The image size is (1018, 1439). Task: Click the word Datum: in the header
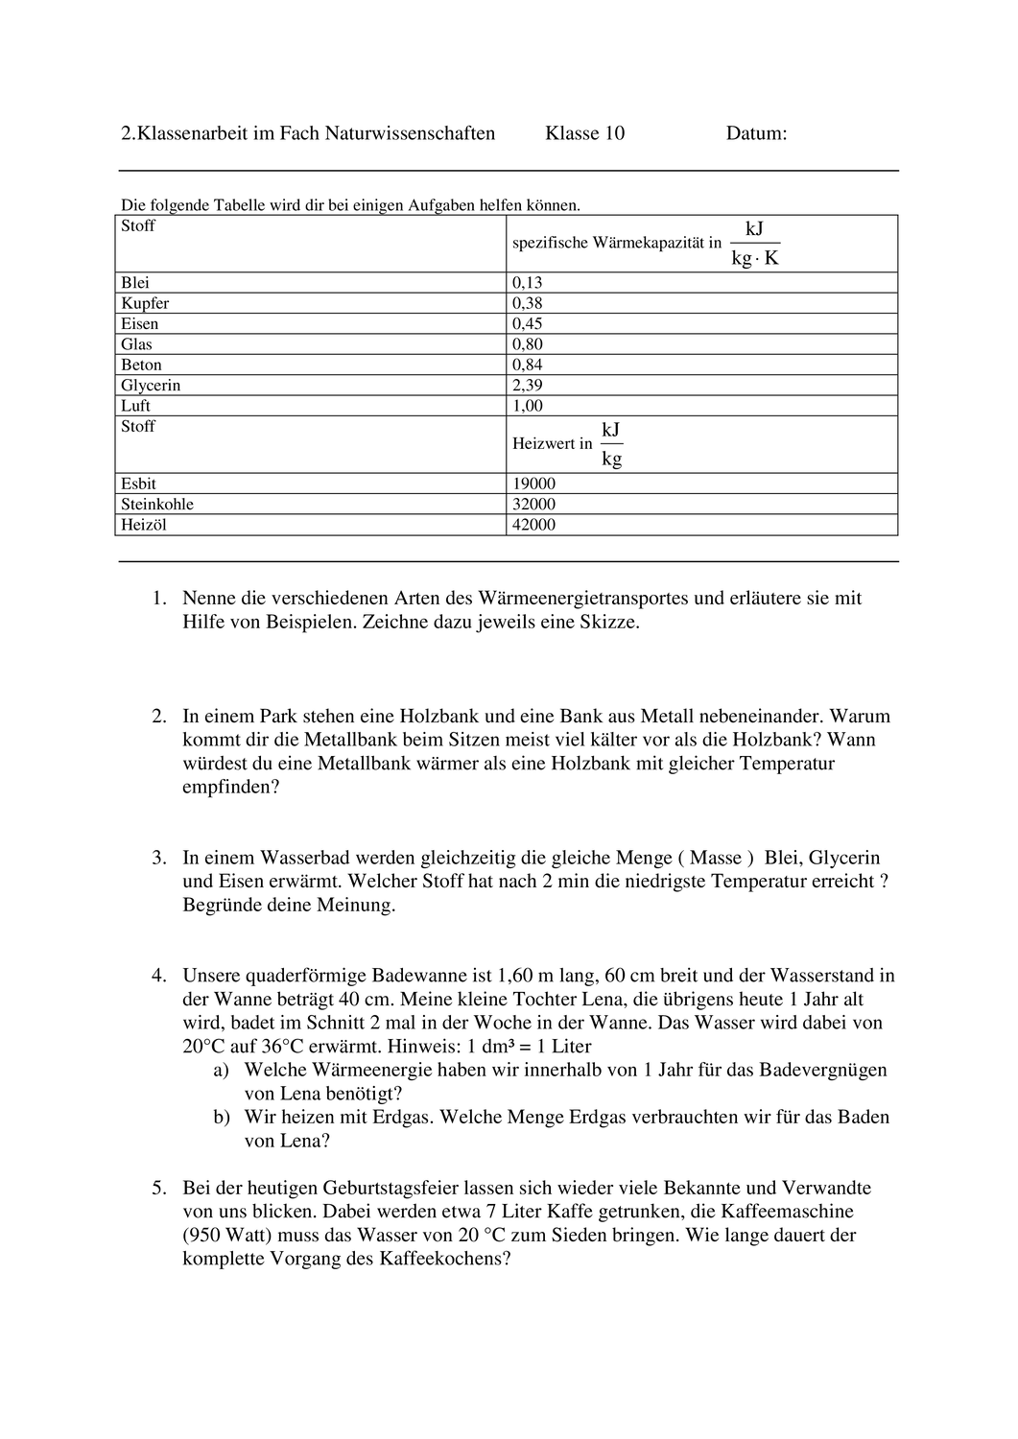[x=756, y=133]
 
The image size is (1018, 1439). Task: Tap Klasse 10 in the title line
[x=584, y=133]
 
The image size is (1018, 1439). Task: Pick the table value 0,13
[x=527, y=283]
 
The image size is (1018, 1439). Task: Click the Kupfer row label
[x=145, y=303]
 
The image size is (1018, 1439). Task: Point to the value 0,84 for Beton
[x=527, y=365]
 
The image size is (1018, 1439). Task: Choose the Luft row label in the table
[x=135, y=406]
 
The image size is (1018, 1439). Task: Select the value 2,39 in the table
[x=527, y=386]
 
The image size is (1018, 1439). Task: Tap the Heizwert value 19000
[x=533, y=484]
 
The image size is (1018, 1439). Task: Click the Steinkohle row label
[x=157, y=505]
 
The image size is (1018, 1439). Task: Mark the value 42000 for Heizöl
[x=533, y=525]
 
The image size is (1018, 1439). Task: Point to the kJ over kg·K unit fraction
[x=754, y=244]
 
